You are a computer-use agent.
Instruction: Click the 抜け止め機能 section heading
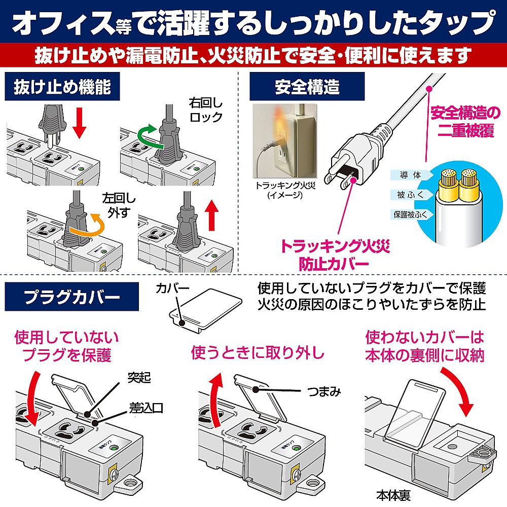tap(62, 87)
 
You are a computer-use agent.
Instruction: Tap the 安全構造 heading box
tap(307, 87)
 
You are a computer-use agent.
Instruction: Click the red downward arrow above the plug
tap(79, 122)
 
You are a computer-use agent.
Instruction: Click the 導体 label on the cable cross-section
tap(410, 175)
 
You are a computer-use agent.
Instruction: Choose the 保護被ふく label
tap(410, 214)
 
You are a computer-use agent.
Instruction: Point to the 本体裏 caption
tap(393, 494)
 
